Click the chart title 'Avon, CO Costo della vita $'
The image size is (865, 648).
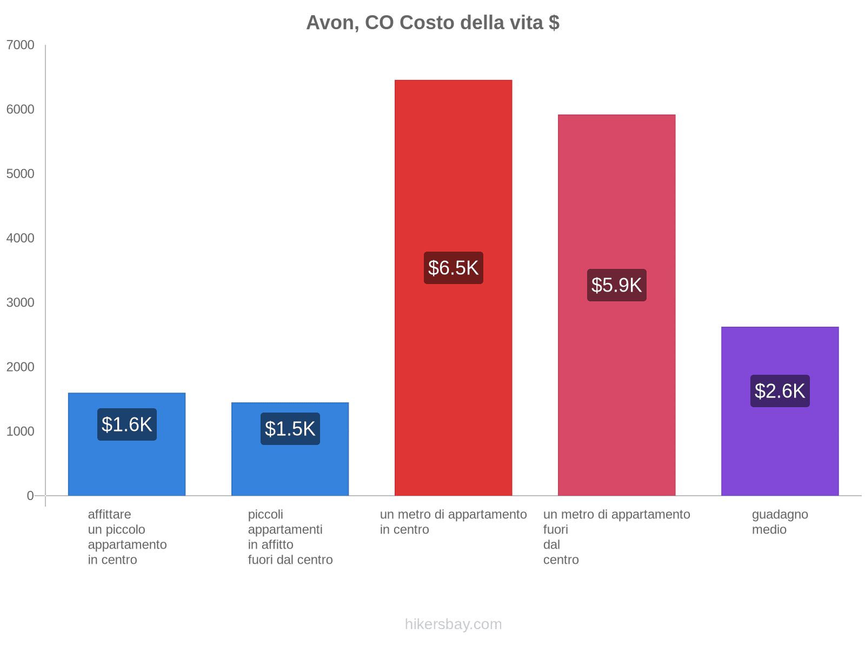tap(432, 23)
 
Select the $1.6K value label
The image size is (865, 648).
tap(127, 424)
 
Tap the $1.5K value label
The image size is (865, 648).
tap(290, 429)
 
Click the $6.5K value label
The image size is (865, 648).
tap(453, 268)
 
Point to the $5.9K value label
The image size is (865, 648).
tap(616, 285)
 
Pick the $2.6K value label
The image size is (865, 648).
tap(780, 391)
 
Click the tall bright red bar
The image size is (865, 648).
tap(453, 162)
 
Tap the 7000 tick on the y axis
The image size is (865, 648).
tap(21, 45)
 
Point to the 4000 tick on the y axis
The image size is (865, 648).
tap(21, 238)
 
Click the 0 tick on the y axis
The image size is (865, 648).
tap(30, 496)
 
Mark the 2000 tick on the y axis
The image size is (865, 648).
tap(21, 367)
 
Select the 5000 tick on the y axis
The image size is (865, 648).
tap(21, 174)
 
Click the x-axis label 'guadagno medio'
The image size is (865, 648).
tap(780, 522)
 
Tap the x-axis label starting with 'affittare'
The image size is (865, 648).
tap(127, 537)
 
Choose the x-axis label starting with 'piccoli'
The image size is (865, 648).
tap(290, 537)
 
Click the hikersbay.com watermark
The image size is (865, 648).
tap(453, 624)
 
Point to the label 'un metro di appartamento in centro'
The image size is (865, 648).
tap(453, 522)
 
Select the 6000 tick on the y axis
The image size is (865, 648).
tap(21, 110)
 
